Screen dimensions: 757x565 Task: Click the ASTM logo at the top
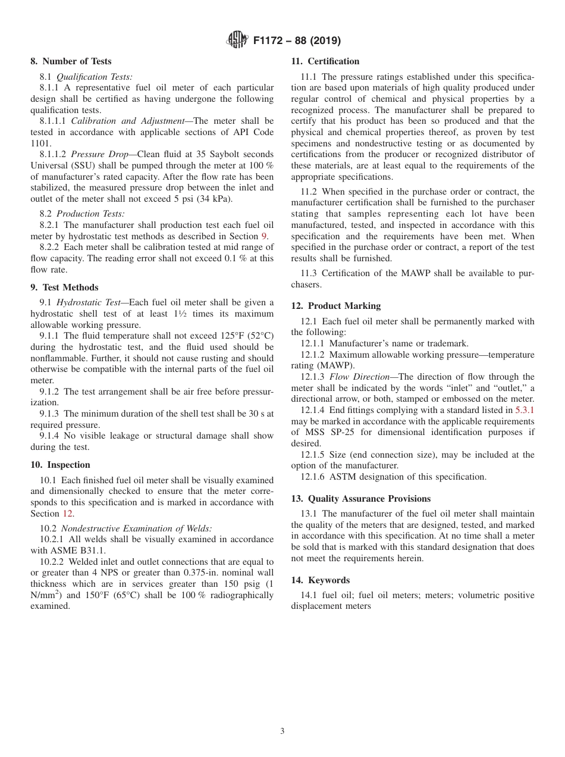pyautogui.click(x=237, y=40)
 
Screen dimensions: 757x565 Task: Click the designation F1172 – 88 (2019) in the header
pyautogui.click(x=297, y=41)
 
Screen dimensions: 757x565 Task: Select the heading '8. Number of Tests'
pyautogui.click(x=71, y=61)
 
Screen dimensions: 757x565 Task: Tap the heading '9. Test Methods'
pyautogui.click(x=64, y=287)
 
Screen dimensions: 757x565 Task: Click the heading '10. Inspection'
pyautogui.click(x=60, y=465)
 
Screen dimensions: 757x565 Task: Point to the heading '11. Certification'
pyautogui.click(x=325, y=61)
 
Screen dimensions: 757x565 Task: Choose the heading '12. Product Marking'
pyautogui.click(x=335, y=306)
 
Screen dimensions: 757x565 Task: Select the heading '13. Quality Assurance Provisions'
pyautogui.click(x=360, y=499)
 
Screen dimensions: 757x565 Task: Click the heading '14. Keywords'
pyautogui.click(x=320, y=580)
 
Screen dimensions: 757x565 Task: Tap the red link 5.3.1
pyautogui.click(x=525, y=410)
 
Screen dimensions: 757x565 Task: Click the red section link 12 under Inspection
pyautogui.click(x=68, y=514)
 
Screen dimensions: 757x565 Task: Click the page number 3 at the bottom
pyautogui.click(x=282, y=731)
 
